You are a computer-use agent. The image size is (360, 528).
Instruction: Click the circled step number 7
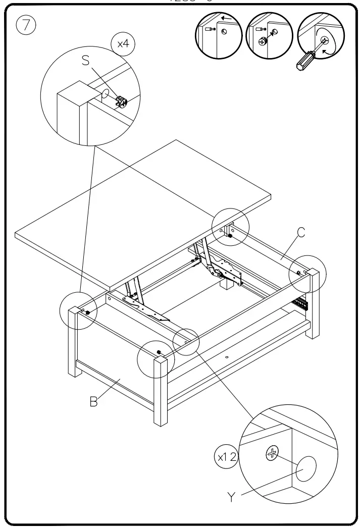tap(25, 25)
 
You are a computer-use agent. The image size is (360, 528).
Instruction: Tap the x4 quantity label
tap(123, 44)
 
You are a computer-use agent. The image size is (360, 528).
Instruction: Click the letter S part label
tap(85, 61)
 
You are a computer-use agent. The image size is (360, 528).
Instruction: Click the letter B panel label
tap(93, 402)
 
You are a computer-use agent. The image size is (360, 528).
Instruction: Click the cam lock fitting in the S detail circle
tap(121, 101)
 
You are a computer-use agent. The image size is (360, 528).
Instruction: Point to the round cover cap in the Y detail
tap(306, 469)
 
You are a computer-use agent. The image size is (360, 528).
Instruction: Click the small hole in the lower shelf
tap(227, 357)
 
